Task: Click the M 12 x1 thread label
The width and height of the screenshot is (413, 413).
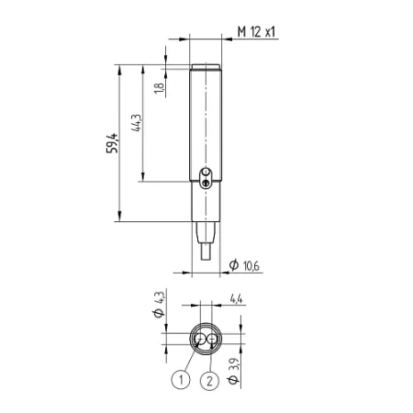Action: tap(256, 31)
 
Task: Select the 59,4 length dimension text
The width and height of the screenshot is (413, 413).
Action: tap(112, 143)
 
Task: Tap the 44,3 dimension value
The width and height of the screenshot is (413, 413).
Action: tap(136, 123)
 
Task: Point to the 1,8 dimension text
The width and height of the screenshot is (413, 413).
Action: tap(160, 88)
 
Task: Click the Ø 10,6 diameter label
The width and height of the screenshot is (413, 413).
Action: tap(244, 265)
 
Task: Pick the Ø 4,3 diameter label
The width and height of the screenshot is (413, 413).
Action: tap(159, 305)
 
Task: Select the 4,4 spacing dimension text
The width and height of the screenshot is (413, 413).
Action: tap(236, 298)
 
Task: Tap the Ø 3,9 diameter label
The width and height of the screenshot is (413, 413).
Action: tap(233, 371)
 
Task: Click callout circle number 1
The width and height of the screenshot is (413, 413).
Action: tap(181, 380)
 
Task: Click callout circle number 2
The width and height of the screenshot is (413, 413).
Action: tap(209, 381)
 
